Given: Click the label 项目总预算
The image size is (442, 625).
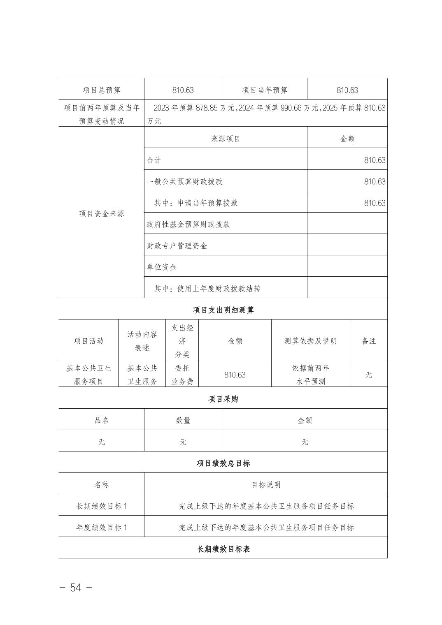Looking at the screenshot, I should [x=101, y=90].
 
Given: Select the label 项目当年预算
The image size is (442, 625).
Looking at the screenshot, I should [x=264, y=90].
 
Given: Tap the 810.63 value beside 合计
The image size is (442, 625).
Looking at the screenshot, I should [x=375, y=160].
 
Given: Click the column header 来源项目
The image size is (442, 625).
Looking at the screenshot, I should [x=226, y=139].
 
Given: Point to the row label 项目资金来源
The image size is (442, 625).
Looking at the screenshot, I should [x=101, y=213].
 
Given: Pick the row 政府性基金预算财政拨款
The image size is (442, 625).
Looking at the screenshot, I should [x=188, y=224].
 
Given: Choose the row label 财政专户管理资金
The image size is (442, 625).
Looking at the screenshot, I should [x=177, y=245].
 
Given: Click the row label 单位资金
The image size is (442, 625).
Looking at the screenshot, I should [x=162, y=267].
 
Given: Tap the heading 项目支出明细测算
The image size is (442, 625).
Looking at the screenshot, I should [x=223, y=310].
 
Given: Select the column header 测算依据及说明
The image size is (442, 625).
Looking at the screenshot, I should [x=310, y=341].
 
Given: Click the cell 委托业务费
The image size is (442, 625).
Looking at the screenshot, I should [x=182, y=375].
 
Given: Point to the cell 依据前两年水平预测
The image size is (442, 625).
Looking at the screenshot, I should [x=310, y=375].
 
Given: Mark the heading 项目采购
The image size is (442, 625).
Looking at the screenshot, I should [x=223, y=399].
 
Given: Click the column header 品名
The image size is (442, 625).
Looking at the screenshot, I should [x=101, y=420].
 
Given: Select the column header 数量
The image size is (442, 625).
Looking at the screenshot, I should [x=183, y=420].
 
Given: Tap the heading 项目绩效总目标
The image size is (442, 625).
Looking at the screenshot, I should [x=223, y=463].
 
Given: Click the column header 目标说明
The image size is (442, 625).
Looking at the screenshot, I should [x=266, y=484].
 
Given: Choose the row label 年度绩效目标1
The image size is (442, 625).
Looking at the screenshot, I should [x=101, y=527].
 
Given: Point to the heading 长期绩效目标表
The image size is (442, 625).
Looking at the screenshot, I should [x=223, y=549].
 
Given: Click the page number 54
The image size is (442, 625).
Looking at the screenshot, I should [x=76, y=588].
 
